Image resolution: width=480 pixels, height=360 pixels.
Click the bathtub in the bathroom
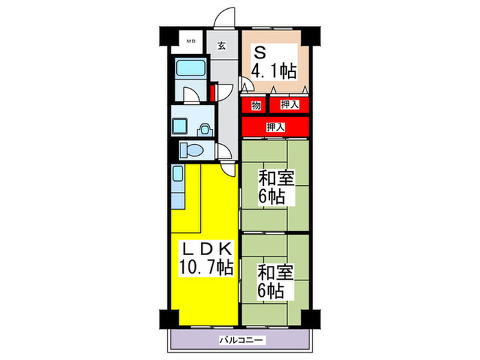click(x=191, y=69)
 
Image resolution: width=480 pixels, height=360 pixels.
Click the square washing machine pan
click(x=181, y=125)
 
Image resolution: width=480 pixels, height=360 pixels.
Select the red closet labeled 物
click(x=255, y=105)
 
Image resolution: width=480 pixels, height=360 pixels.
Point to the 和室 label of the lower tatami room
click(x=276, y=272)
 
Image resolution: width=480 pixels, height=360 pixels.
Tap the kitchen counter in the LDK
click(x=178, y=189)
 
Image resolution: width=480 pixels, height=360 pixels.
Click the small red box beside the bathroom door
click(x=214, y=91)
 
